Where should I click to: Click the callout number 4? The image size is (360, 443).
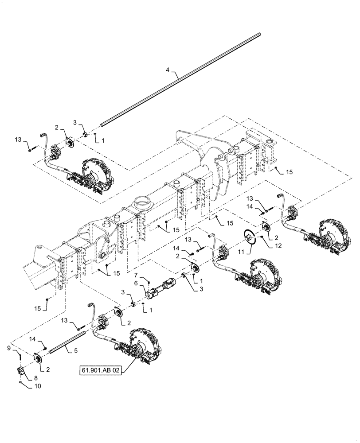pos(168,70)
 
